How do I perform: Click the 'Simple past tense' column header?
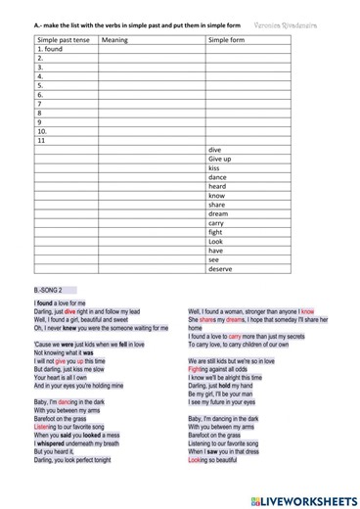tap(61, 40)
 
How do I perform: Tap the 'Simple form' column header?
tap(226, 40)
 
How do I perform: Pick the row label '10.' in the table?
tap(43, 130)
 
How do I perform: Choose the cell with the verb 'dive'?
tap(215, 149)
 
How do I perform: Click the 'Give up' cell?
tap(220, 158)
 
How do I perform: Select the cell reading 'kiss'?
tap(214, 167)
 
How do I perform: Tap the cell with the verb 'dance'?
tap(218, 176)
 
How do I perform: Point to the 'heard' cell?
tap(217, 186)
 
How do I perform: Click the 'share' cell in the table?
tap(217, 204)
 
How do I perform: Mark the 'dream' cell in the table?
tap(218, 213)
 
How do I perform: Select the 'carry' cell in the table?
tap(217, 222)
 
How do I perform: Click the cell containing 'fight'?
tap(216, 232)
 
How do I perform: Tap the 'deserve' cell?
tap(221, 268)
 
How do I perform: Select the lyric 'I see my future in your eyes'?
tap(226, 402)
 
